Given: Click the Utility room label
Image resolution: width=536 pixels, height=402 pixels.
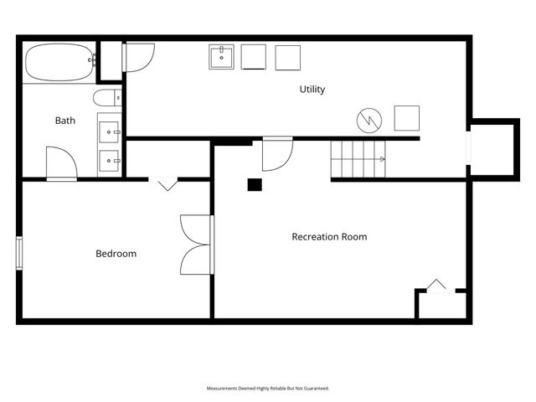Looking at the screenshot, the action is pos(312,90).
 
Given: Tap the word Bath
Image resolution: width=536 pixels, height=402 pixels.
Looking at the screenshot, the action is pos(65,121).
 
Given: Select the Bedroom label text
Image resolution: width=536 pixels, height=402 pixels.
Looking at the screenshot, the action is pos(116,254).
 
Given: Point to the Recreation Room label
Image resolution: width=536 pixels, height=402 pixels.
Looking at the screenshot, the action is pos(329,236).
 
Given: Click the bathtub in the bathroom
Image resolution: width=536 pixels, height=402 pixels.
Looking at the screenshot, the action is pos(59,62).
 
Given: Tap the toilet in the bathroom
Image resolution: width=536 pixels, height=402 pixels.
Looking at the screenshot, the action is pos(107,98).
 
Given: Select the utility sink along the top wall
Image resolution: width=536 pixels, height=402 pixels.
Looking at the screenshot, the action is pos(221,57).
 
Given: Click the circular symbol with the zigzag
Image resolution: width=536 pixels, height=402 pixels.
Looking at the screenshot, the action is pos(369,121).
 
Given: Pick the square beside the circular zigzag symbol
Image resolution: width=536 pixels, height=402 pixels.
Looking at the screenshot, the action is pos(407,118).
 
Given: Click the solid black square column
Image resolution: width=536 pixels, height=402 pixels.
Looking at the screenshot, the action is pos(255,184).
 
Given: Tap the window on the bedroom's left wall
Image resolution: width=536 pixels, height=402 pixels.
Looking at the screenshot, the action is pos(19,253).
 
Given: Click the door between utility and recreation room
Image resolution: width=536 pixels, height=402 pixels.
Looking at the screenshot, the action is pos(277,154).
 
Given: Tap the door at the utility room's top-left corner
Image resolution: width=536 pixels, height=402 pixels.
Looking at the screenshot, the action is pos(138,58).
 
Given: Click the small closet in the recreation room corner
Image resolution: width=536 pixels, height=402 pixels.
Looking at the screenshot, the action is pos(441,303).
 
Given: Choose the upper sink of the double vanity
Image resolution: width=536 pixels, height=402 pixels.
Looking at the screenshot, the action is pos(109,132).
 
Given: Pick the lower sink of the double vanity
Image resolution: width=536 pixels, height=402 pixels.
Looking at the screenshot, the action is pos(109,161).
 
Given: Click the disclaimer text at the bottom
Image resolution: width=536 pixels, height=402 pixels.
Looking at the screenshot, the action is pos(268,389).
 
